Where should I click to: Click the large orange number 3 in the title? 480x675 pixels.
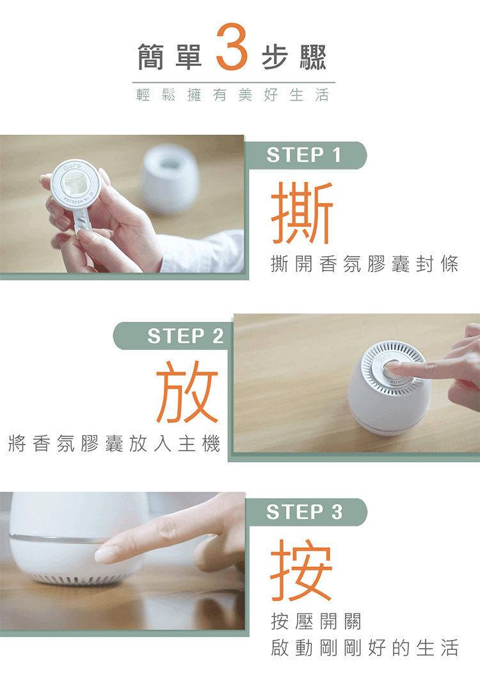(x=232, y=47)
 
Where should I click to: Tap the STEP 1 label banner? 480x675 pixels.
(x=306, y=155)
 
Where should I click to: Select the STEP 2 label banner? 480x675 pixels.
(x=173, y=336)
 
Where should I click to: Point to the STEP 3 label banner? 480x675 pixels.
(x=306, y=512)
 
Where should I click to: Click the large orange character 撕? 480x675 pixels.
(x=302, y=212)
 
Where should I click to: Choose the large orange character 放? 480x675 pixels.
(x=188, y=392)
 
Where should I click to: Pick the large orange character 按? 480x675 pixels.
(x=301, y=569)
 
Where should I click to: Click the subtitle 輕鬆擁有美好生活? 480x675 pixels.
(x=233, y=95)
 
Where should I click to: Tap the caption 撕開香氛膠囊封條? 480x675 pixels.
(x=365, y=264)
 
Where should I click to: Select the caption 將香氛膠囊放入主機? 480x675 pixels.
(x=115, y=443)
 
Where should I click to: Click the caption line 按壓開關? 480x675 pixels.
(x=316, y=621)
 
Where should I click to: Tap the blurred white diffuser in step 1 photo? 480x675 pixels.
(x=170, y=179)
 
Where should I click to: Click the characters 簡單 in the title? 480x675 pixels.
(x=170, y=57)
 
